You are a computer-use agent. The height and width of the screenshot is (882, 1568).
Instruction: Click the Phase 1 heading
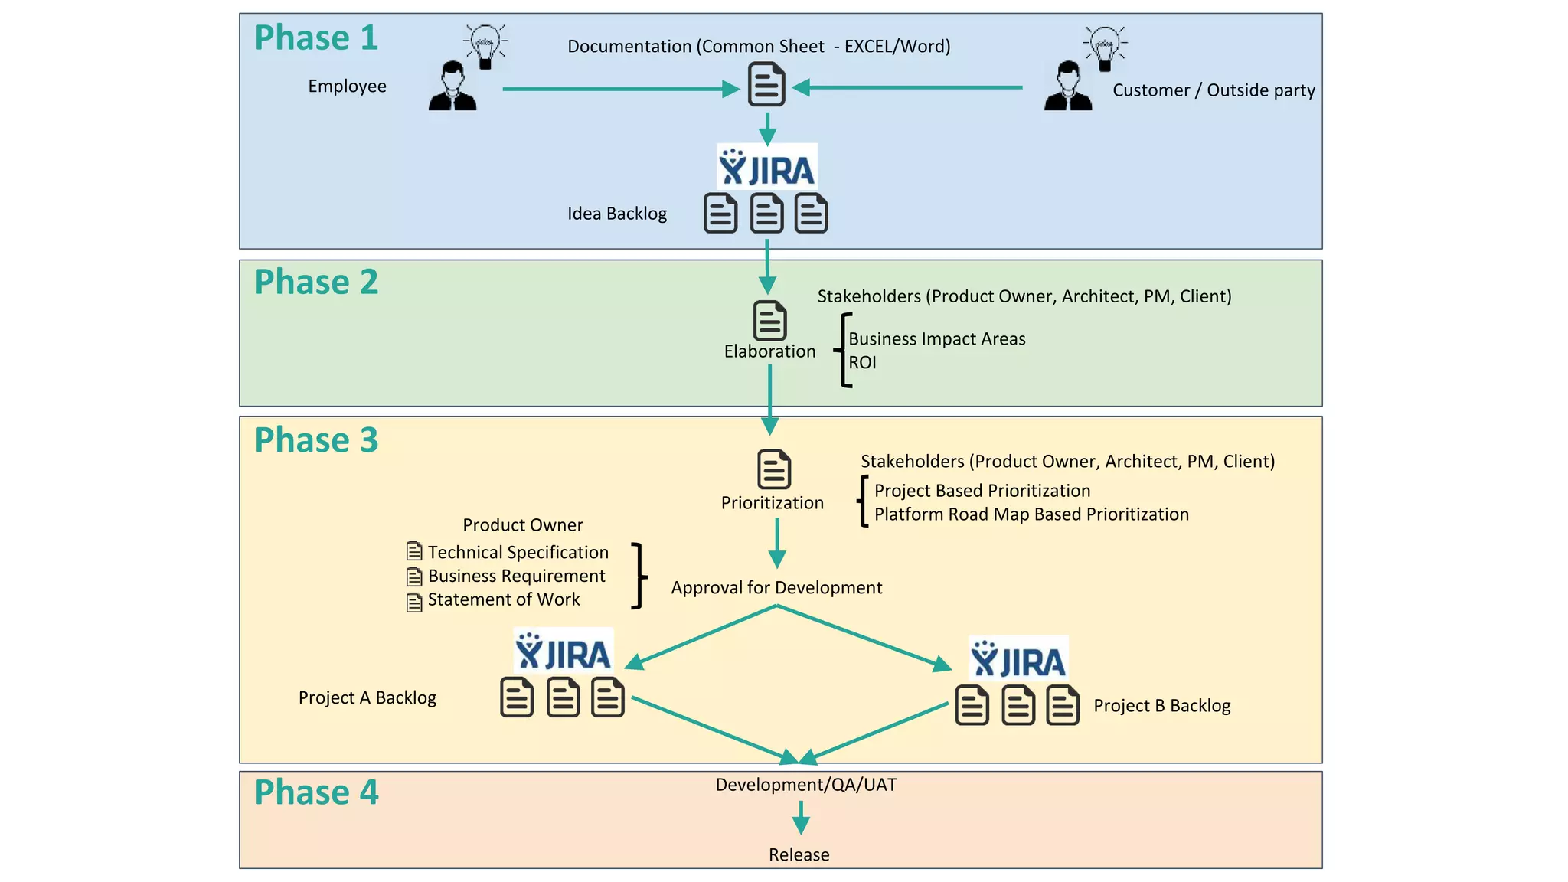coord(316,38)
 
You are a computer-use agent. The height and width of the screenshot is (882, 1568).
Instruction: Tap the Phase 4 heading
coord(316,792)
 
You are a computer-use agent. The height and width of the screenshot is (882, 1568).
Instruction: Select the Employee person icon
coord(452,87)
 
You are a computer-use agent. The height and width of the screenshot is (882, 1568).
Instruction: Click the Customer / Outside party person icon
coord(1068,87)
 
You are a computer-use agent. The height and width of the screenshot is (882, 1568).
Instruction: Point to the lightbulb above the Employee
coord(485,45)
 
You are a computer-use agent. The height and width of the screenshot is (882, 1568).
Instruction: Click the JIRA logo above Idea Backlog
coord(766,167)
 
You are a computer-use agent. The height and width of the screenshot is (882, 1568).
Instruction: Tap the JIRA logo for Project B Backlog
coord(1018,659)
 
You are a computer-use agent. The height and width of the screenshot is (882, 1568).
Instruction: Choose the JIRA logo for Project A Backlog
coord(563,652)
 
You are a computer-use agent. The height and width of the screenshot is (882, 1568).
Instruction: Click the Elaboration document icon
coord(769,320)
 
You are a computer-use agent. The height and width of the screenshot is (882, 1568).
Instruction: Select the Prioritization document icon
coord(773,469)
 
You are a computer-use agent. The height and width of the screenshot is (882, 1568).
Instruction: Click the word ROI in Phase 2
coord(862,363)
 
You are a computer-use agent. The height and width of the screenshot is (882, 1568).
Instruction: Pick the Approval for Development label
coord(776,588)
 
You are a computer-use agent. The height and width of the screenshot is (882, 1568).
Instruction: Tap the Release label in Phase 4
coord(799,854)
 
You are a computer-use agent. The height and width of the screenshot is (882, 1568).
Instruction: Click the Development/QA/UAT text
coord(805,785)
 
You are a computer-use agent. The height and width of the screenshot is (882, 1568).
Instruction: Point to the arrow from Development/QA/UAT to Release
coord(801,818)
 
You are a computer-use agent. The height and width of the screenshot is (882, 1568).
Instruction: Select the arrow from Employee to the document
coord(620,90)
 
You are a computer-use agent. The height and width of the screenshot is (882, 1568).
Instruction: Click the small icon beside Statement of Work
coord(414,603)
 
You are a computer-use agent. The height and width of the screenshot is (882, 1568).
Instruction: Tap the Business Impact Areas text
coord(936,339)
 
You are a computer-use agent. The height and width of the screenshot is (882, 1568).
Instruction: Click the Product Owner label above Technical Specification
coord(523,525)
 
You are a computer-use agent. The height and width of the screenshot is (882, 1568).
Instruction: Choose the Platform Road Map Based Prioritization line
coord(1031,514)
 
